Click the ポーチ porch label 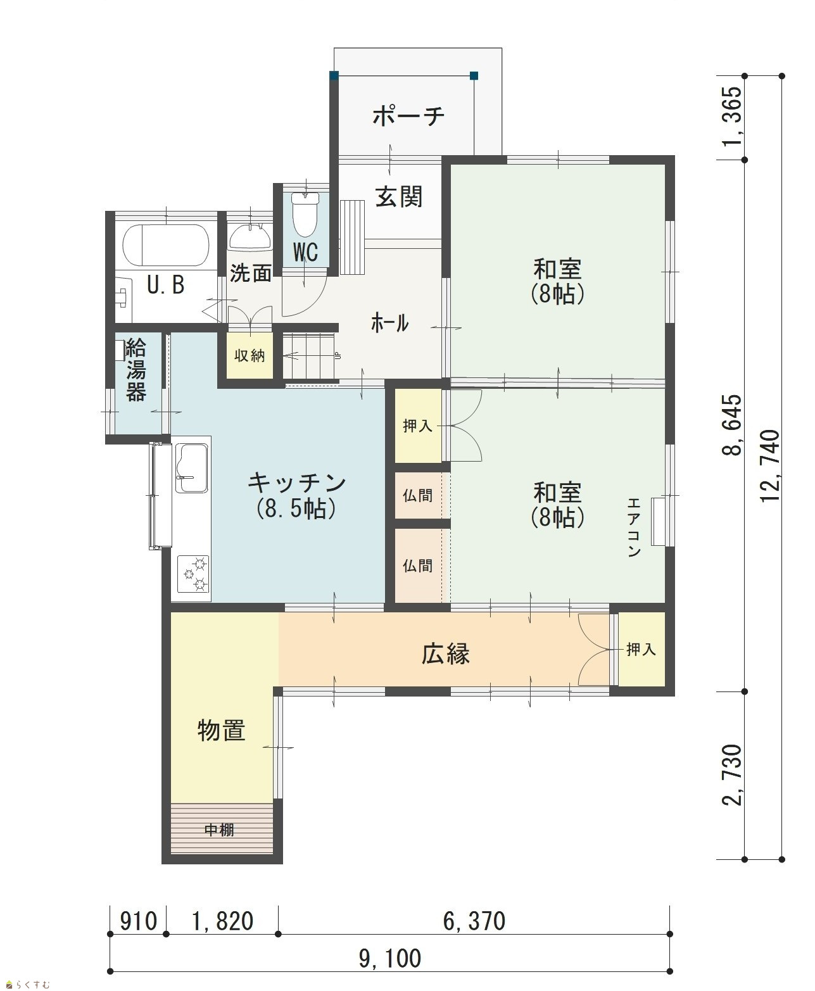click(408, 115)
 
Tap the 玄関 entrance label click(399, 196)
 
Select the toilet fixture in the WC click(305, 214)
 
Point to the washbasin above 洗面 click(250, 236)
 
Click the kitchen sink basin click(192, 468)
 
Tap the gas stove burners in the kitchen click(193, 574)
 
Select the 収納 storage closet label click(250, 355)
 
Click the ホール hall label click(389, 324)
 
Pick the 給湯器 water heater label click(136, 370)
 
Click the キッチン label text click(296, 483)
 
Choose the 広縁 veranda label click(445, 653)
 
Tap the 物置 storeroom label click(221, 731)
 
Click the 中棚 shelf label click(219, 830)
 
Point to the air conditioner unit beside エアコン click(659, 521)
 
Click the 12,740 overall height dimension click(770, 465)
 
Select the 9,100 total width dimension click(390, 959)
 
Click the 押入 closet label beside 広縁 click(641, 650)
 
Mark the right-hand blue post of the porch click(474, 75)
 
